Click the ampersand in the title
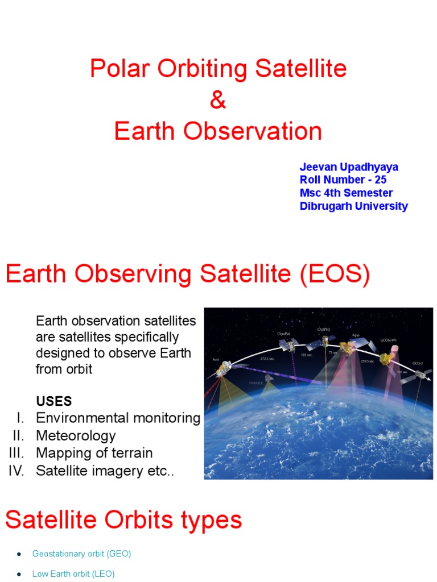(218, 101)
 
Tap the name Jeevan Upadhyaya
(349, 167)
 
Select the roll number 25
(381, 180)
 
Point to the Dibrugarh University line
(353, 206)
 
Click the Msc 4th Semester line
(346, 193)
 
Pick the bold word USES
(54, 401)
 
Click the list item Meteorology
(76, 436)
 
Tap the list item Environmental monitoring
(118, 418)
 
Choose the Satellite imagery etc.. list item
(104, 471)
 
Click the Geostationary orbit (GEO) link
(82, 553)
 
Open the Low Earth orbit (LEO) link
(73, 574)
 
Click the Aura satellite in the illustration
(222, 369)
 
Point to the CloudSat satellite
(290, 344)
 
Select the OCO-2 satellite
(422, 373)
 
